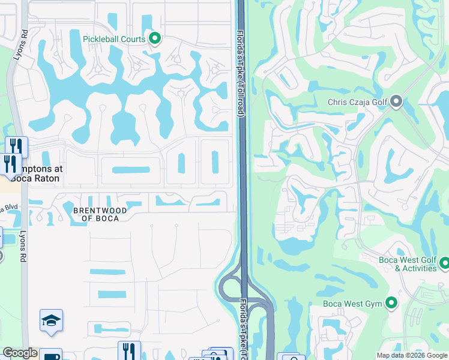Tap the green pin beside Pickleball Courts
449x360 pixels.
[155, 40]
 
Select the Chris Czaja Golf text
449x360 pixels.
[357, 102]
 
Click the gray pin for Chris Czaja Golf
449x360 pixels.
[396, 101]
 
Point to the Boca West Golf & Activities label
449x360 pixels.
[408, 264]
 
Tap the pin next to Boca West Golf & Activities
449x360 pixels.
[445, 263]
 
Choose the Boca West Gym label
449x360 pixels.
[352, 304]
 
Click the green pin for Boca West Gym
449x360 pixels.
[391, 303]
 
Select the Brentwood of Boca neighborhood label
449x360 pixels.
[96, 214]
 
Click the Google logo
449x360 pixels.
[20, 353]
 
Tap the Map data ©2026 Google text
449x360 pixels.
[411, 355]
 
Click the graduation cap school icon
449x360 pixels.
[52, 322]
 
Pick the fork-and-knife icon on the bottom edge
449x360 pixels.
[129, 350]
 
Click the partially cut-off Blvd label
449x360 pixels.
[8, 208]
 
